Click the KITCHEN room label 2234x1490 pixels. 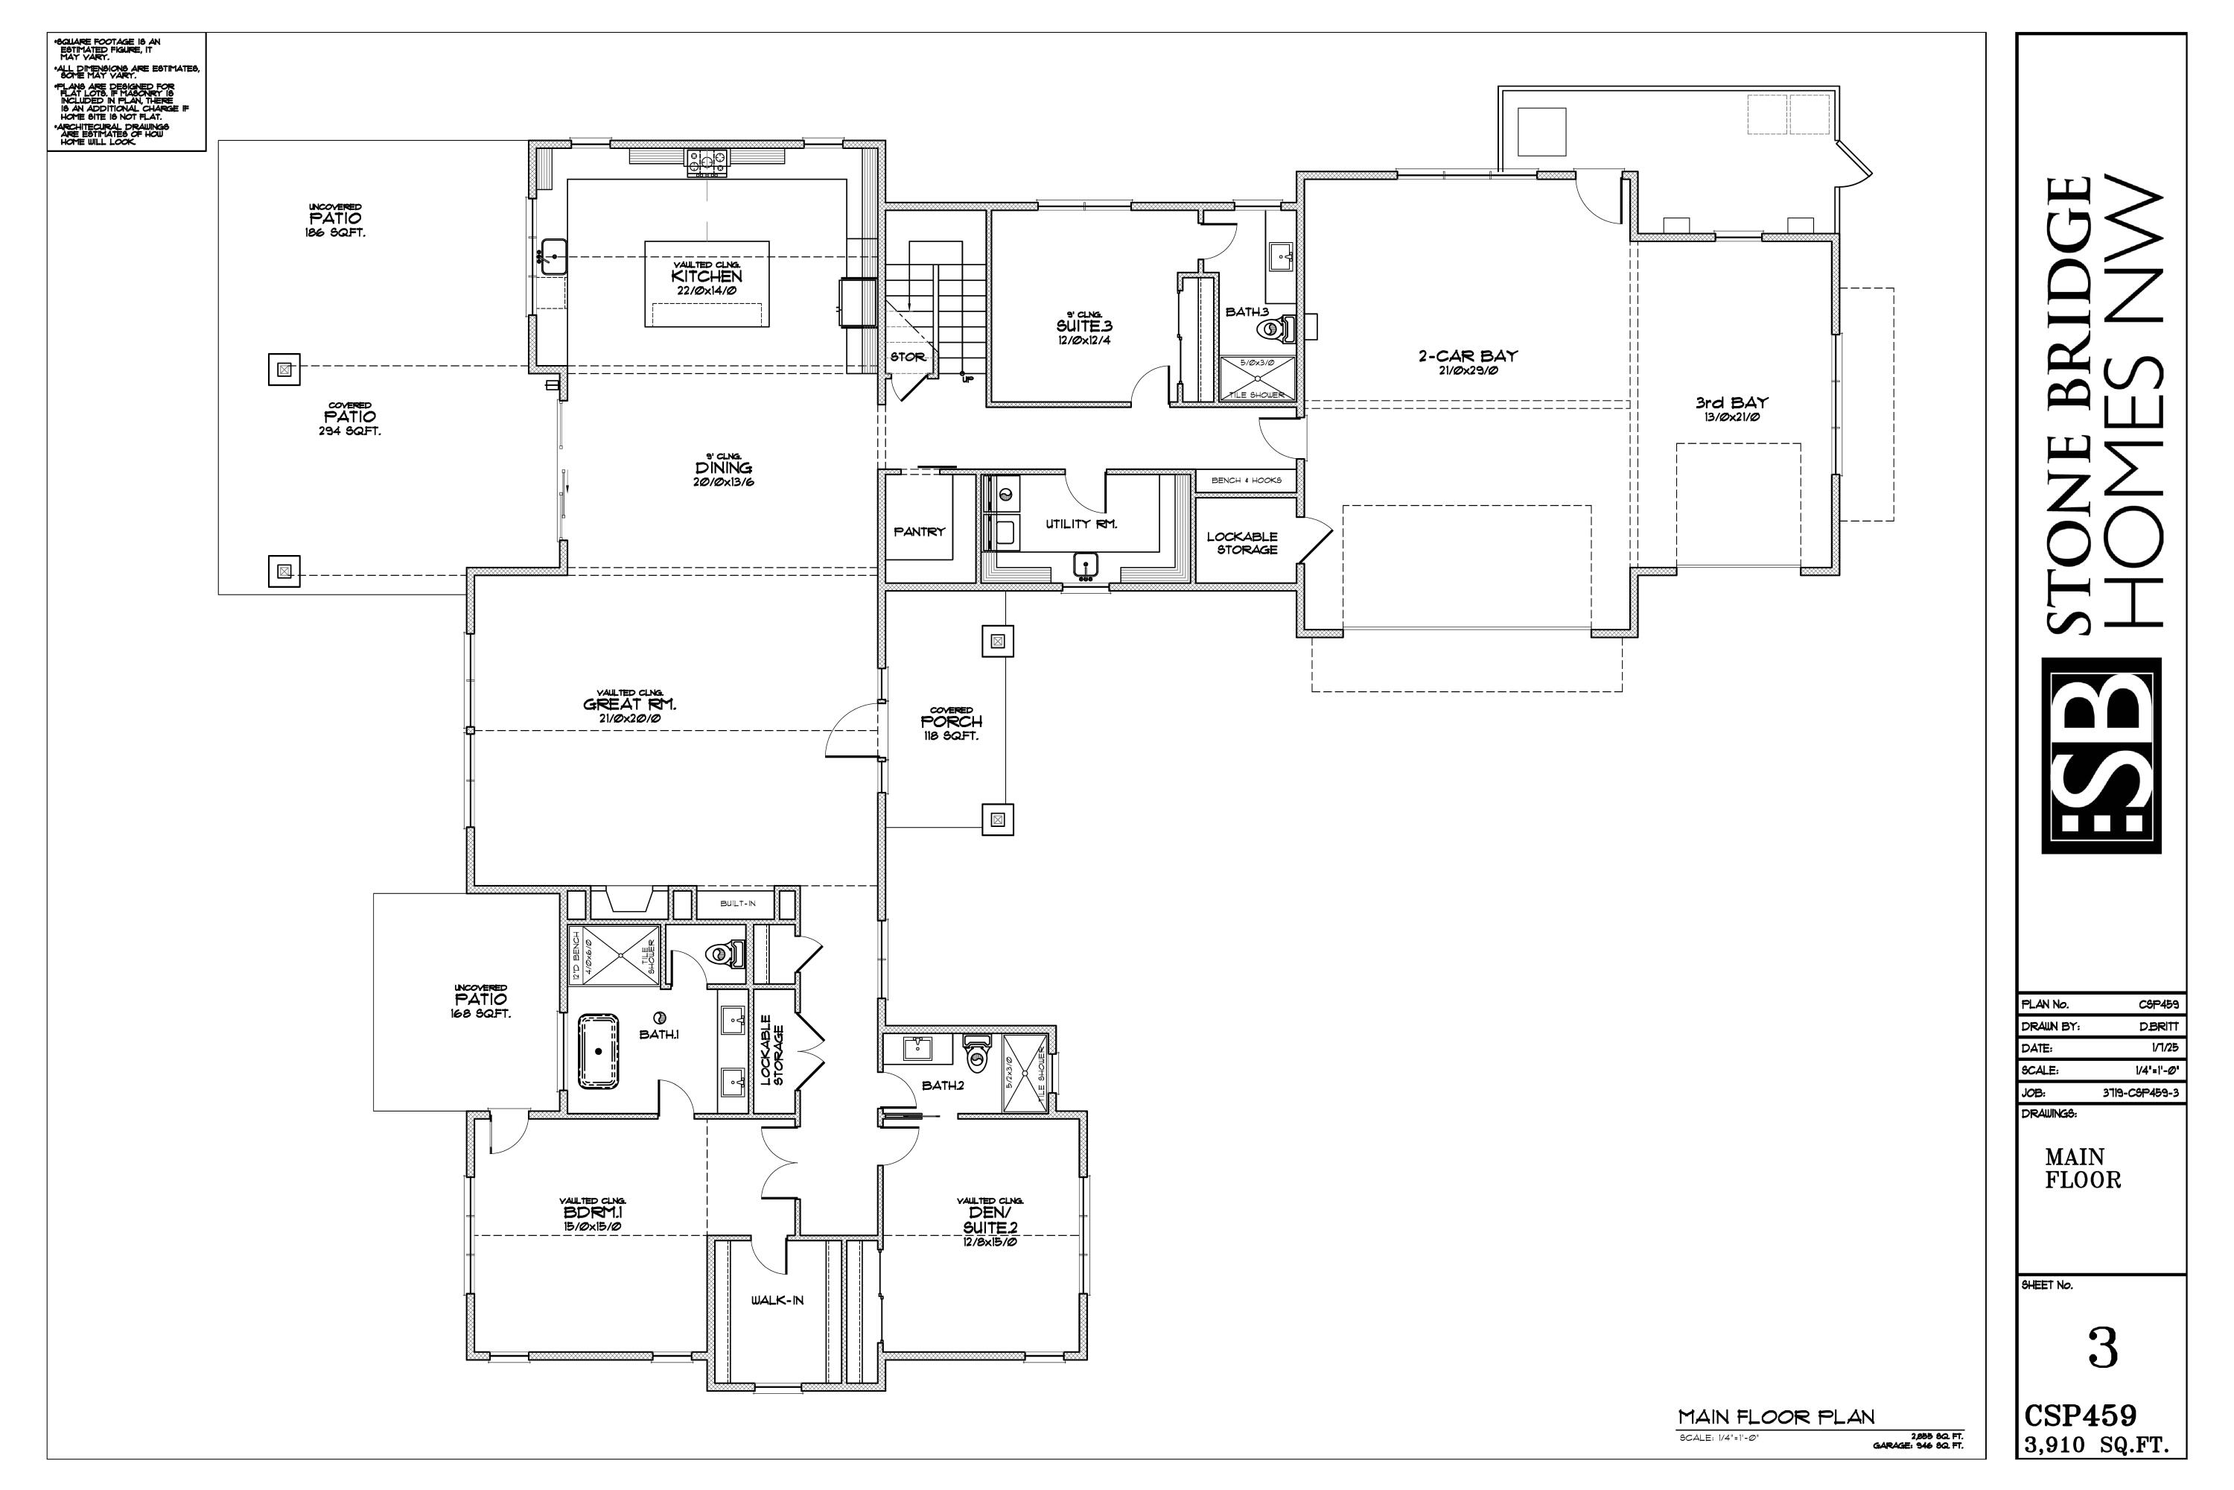pyautogui.click(x=706, y=276)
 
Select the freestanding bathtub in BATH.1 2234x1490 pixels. pyautogui.click(x=599, y=1051)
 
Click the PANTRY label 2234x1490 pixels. pyautogui.click(x=918, y=532)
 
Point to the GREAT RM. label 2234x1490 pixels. pyautogui.click(x=628, y=705)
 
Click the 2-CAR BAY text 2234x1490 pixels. pyautogui.click(x=1468, y=356)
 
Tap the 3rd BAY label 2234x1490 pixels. pyautogui.click(x=1731, y=403)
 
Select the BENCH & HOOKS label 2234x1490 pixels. pyautogui.click(x=1245, y=481)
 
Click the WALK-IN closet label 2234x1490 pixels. pyautogui.click(x=777, y=1300)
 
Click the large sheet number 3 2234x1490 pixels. pyautogui.click(x=2104, y=1349)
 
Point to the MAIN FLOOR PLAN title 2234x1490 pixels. pyautogui.click(x=1775, y=1418)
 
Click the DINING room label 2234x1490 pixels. pyautogui.click(x=723, y=468)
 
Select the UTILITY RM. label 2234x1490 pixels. pyautogui.click(x=1081, y=524)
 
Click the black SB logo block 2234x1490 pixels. pyautogui.click(x=2101, y=755)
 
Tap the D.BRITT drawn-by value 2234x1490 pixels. pyautogui.click(x=2159, y=1027)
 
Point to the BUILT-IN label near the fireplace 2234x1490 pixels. pyautogui.click(x=737, y=904)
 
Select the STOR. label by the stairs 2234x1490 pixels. pyautogui.click(x=907, y=358)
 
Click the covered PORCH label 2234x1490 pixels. pyautogui.click(x=951, y=722)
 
